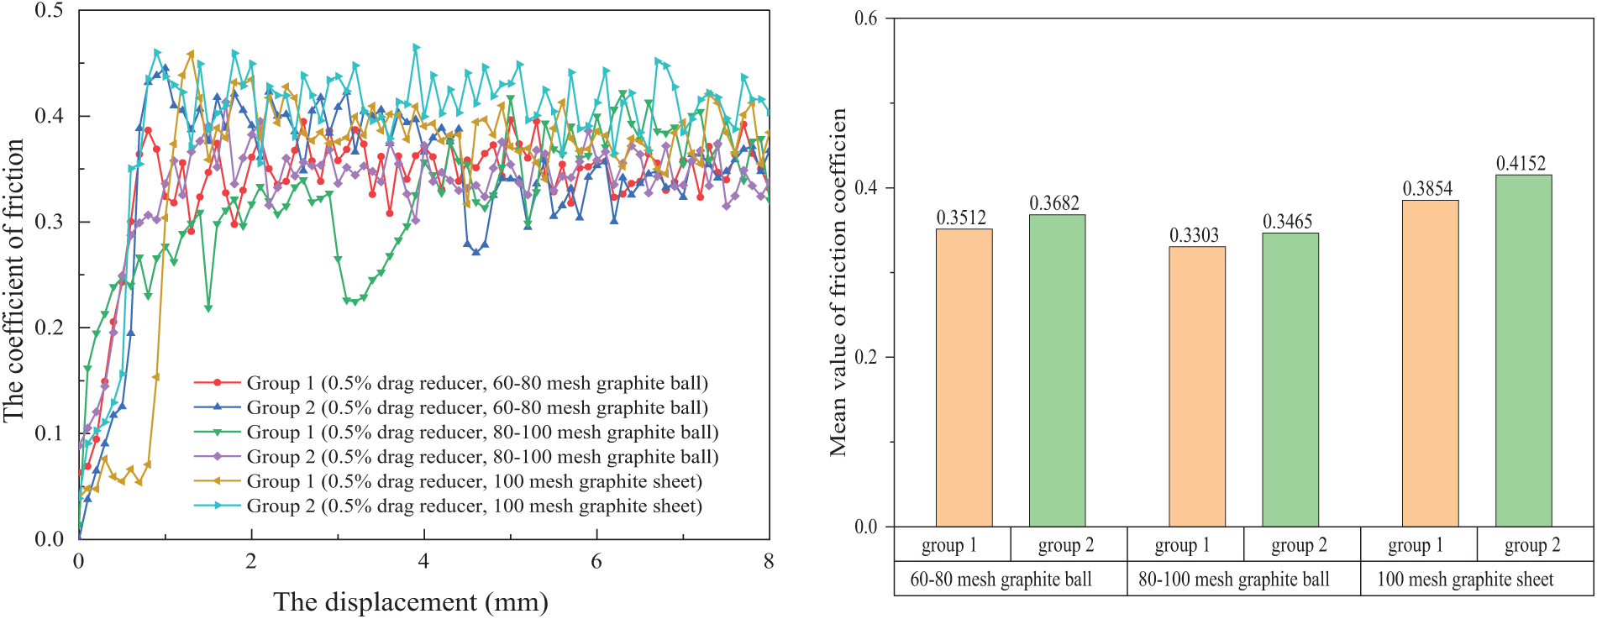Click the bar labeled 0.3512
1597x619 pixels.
pyautogui.click(x=964, y=378)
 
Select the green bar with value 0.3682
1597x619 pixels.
pyautogui.click(x=1057, y=370)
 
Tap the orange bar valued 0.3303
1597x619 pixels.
pyautogui.click(x=1197, y=386)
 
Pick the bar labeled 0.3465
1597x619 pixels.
pyautogui.click(x=1290, y=380)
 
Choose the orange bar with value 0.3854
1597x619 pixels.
pyautogui.click(x=1430, y=363)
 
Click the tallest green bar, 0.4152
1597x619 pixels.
pyautogui.click(x=1523, y=350)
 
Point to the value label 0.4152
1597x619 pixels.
pyautogui.click(x=1521, y=164)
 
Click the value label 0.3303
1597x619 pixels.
pyautogui.click(x=1194, y=235)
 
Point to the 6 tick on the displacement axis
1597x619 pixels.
pyautogui.click(x=596, y=561)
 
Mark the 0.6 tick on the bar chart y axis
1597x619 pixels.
pyautogui.click(x=865, y=18)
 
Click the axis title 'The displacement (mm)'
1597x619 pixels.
pyautogui.click(x=410, y=601)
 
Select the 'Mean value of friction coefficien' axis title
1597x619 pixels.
pyautogui.click(x=838, y=282)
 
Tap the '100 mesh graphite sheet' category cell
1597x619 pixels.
pyautogui.click(x=1465, y=580)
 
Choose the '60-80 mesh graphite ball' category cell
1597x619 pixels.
pyautogui.click(x=1001, y=580)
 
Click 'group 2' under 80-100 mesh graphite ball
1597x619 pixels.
pyautogui.click(x=1299, y=545)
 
